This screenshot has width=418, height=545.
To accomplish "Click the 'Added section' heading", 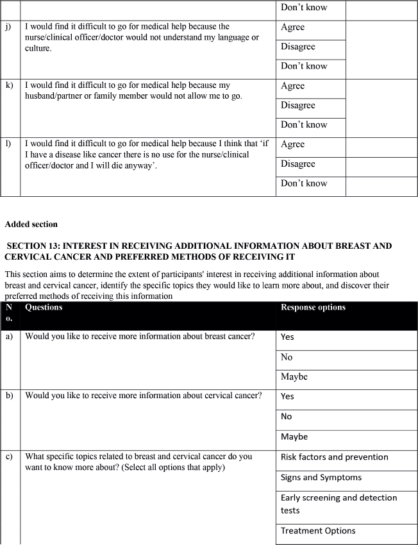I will pyautogui.click(x=31, y=224).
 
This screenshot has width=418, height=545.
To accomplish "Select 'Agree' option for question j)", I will pyautogui.click(x=292, y=28).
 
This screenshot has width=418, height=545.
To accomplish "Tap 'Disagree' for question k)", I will pyautogui.click(x=298, y=105).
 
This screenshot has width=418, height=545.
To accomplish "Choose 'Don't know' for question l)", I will pyautogui.click(x=304, y=183).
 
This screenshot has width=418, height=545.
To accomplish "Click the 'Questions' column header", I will pyautogui.click(x=44, y=307).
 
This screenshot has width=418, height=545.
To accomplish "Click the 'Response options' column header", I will pyautogui.click(x=313, y=307).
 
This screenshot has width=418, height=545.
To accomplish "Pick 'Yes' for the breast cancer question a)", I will pyautogui.click(x=287, y=337).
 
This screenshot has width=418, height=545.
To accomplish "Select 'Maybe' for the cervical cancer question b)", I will pyautogui.click(x=294, y=437).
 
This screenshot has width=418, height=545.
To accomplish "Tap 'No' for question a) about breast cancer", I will pyautogui.click(x=287, y=357).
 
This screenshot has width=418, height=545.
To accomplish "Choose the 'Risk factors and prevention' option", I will pyautogui.click(x=335, y=457).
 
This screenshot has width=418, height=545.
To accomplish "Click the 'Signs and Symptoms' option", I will pyautogui.click(x=321, y=478).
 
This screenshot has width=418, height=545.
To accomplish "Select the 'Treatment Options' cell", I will pyautogui.click(x=318, y=531).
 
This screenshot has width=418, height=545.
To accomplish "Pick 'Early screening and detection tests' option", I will pyautogui.click(x=339, y=504).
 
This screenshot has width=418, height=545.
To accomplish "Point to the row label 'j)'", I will pyautogui.click(x=8, y=27).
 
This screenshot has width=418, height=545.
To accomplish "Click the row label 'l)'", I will pyautogui.click(x=8, y=144).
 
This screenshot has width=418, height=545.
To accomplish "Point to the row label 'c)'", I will pyautogui.click(x=9, y=457).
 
